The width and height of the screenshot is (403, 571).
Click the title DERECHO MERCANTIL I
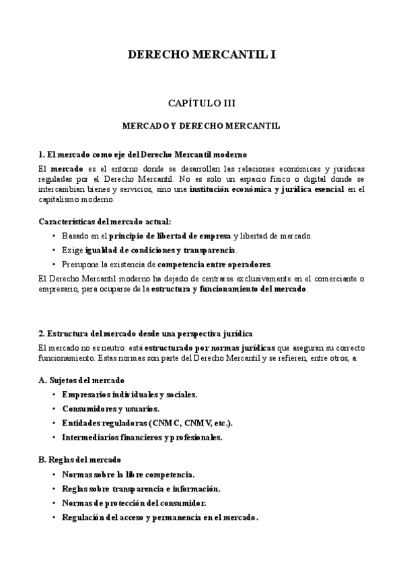(x=201, y=55)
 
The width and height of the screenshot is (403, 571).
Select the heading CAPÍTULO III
(x=201, y=104)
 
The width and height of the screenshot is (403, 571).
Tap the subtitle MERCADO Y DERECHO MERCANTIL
(x=201, y=125)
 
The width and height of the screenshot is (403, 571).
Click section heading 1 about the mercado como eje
(x=143, y=154)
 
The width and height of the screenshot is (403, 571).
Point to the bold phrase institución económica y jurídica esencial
(x=266, y=190)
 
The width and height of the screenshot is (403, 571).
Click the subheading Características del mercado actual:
(x=105, y=221)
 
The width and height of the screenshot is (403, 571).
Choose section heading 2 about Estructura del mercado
(x=146, y=334)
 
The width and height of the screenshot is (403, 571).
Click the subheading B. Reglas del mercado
(x=80, y=460)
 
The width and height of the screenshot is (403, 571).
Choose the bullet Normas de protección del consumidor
(x=134, y=503)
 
